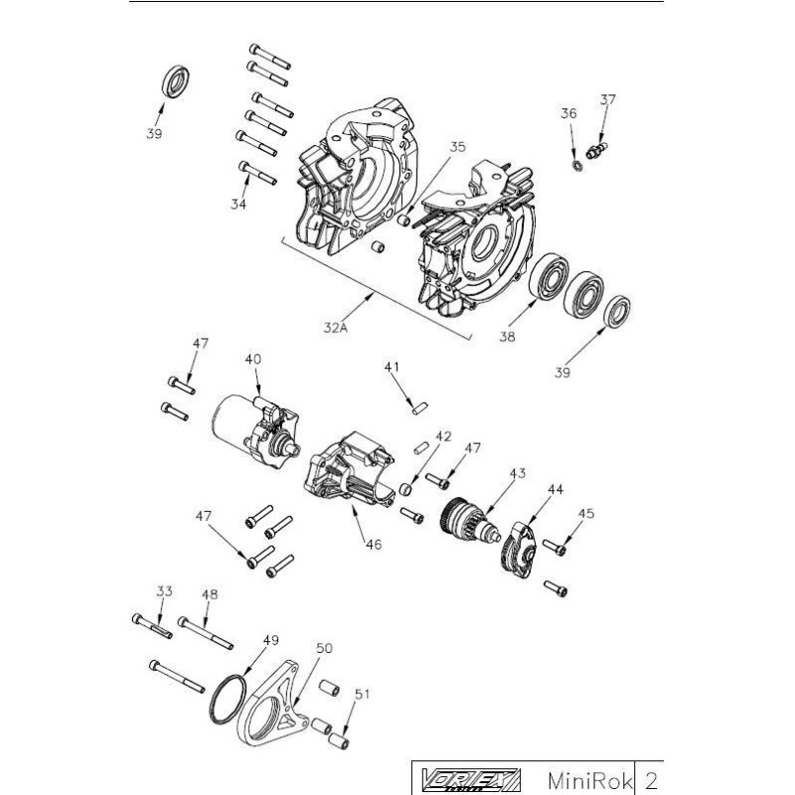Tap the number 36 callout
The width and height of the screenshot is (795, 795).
click(568, 114)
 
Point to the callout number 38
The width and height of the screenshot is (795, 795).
click(508, 337)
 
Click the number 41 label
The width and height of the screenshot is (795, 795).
click(391, 368)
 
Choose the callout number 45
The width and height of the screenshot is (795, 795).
click(586, 514)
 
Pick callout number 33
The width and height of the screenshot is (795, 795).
click(164, 591)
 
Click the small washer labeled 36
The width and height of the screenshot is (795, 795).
click(576, 160)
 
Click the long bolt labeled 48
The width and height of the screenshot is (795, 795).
click(206, 631)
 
